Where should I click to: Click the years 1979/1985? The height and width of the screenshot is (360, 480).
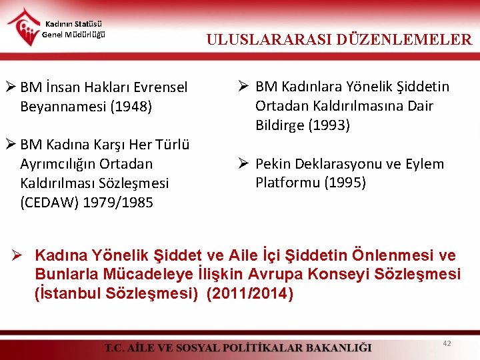(x=118, y=202)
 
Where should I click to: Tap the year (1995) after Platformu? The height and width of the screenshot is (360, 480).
(x=345, y=183)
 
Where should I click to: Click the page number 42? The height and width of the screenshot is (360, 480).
(x=447, y=343)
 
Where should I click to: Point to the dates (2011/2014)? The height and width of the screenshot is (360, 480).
(x=249, y=293)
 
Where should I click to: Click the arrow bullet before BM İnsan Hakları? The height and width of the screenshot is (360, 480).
(x=11, y=87)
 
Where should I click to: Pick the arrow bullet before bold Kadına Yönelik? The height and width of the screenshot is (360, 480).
(x=20, y=255)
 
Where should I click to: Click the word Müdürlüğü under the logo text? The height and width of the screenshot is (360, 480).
(x=83, y=35)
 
